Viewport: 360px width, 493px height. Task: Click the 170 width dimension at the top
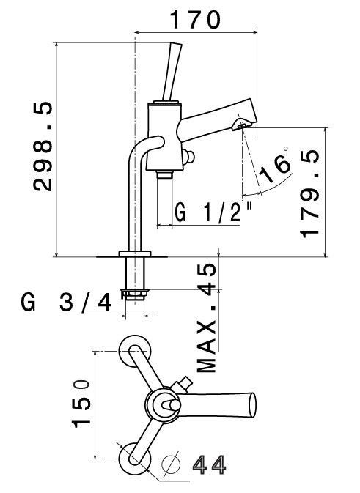tap(195, 20)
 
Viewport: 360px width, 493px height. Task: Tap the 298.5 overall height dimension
tap(43, 147)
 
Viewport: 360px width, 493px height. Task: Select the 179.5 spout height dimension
tap(310, 194)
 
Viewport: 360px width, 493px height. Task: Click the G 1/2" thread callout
tap(213, 212)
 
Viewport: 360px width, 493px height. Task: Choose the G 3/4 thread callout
tap(67, 302)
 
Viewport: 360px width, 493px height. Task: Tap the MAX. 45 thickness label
tap(207, 318)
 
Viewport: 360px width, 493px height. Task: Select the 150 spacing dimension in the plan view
tap(81, 404)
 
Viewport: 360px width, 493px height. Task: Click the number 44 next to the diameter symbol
tap(209, 465)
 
